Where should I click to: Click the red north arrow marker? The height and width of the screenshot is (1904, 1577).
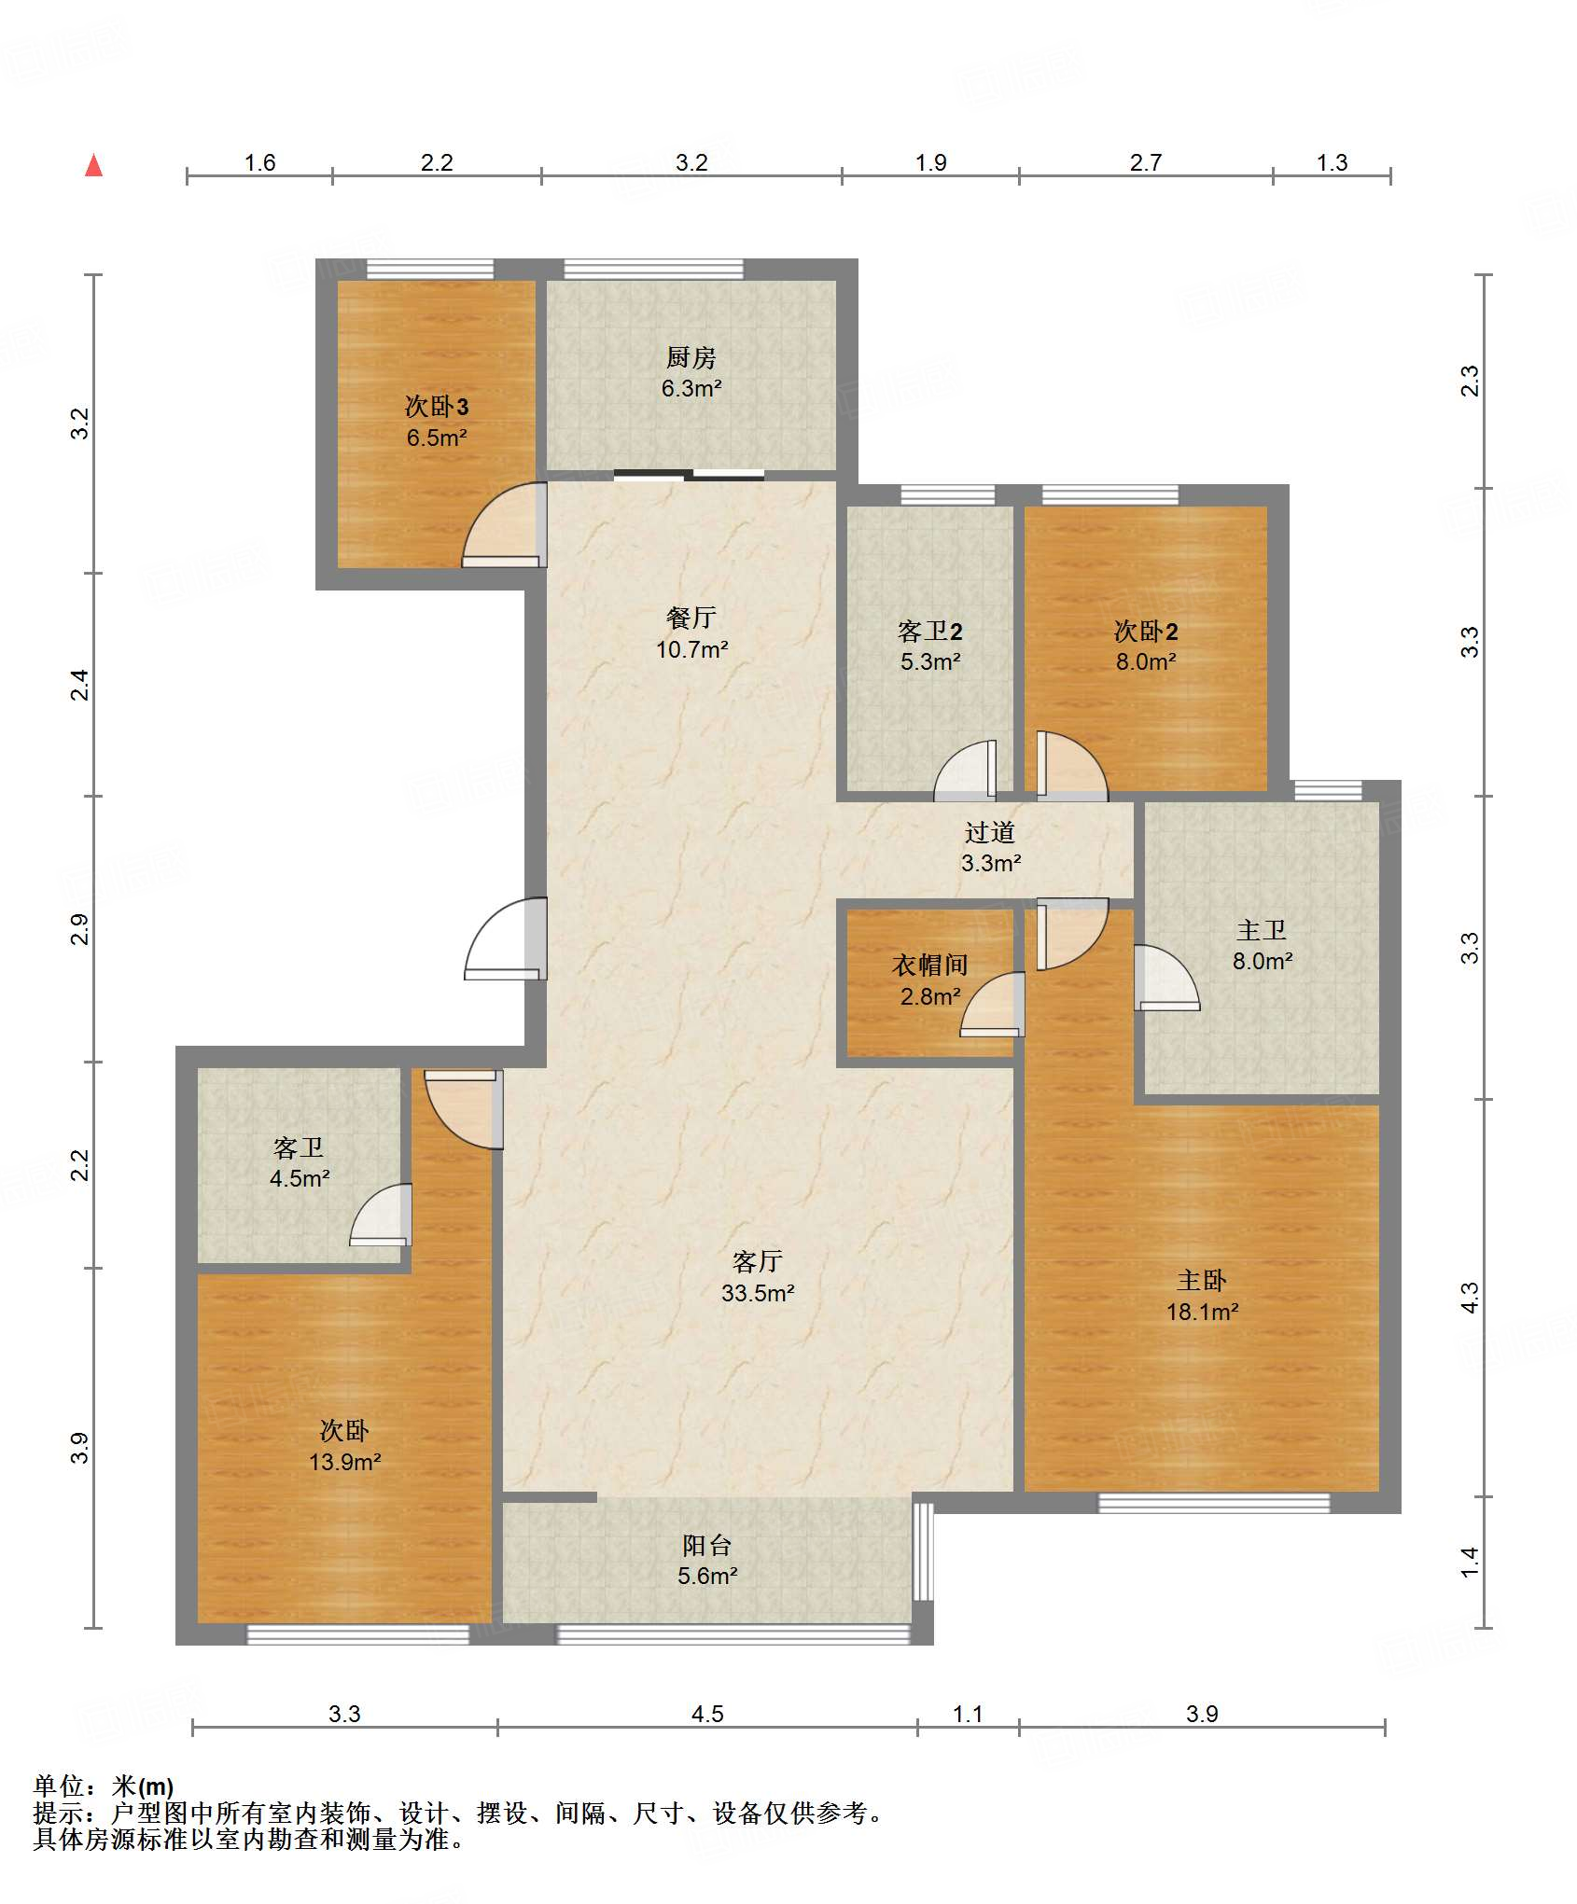tap(93, 165)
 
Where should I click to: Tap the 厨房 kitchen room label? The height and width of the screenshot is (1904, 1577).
tap(691, 357)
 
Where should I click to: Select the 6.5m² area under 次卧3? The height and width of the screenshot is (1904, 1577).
tap(437, 438)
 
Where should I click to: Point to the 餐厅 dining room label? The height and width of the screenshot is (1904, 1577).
tap(691, 618)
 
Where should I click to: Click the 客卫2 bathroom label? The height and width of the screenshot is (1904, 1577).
tap(930, 632)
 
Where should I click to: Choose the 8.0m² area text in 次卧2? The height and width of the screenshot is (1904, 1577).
tap(1146, 662)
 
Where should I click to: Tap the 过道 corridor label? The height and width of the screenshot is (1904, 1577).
tap(990, 832)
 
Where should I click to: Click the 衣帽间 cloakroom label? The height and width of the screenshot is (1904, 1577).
tap(929, 965)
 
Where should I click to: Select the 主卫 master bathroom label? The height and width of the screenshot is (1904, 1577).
tap(1262, 930)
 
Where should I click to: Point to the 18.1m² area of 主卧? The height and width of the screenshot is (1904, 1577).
tap(1203, 1312)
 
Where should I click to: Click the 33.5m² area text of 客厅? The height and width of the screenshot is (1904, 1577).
tap(758, 1293)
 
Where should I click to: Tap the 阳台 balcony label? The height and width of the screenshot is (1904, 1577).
tap(706, 1546)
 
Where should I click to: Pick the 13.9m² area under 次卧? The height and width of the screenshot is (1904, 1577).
tap(345, 1462)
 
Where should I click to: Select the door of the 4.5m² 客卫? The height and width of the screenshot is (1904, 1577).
tap(381, 1215)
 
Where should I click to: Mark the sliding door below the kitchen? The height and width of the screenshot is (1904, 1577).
tap(689, 475)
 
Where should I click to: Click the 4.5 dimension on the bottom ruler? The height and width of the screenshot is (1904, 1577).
tap(707, 1714)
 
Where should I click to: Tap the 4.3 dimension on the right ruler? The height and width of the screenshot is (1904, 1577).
tap(1470, 1298)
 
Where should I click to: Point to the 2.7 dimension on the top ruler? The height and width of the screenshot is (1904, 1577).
tap(1146, 162)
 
